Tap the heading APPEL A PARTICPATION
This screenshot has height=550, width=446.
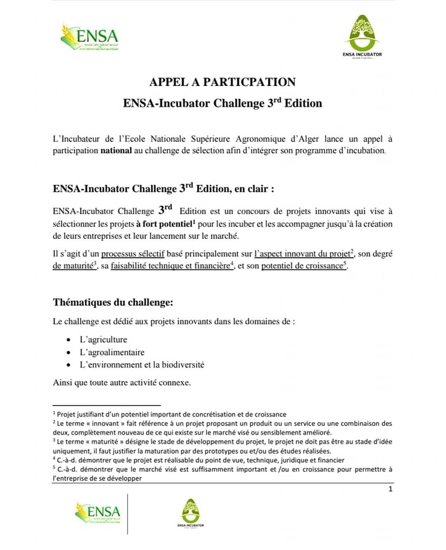pos(222,81)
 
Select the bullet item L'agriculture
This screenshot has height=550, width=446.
pos(103,339)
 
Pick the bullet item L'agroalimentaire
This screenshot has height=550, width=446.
pos(112,352)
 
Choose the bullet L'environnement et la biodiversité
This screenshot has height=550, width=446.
pos(142,364)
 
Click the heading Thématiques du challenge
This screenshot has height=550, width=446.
pos(112,301)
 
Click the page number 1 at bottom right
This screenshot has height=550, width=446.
pos(390,489)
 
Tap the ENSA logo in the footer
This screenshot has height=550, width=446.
pos(97,511)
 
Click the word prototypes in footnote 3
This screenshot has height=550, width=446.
pos(241,451)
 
